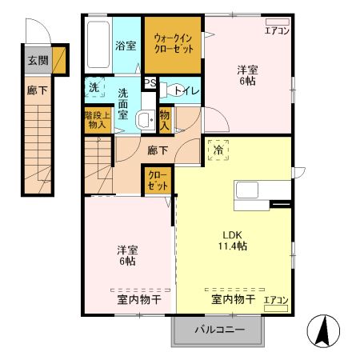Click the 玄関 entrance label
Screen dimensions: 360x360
pyautogui.click(x=37, y=60)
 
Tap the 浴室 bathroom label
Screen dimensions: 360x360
pyautogui.click(x=126, y=46)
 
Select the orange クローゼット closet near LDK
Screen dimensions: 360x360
pyautogui.click(x=155, y=181)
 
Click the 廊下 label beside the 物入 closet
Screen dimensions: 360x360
pyautogui.click(x=157, y=149)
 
